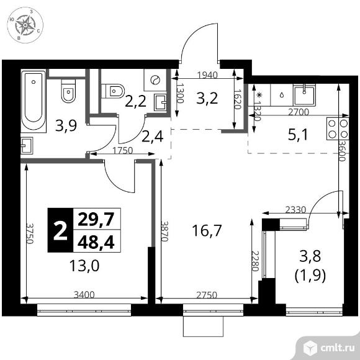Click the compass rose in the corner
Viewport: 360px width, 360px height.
point(25,25)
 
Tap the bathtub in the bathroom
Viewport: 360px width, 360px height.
point(34,101)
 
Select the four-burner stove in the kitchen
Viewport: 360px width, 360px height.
point(338,128)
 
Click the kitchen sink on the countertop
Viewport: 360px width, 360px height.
point(304,94)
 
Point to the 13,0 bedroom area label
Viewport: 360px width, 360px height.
point(84,266)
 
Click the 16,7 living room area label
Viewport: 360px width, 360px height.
point(207,230)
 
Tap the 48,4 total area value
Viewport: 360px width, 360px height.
point(96,242)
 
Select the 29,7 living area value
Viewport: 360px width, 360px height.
point(96,219)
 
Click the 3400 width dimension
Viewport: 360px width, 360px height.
point(84,295)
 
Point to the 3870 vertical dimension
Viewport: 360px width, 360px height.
point(164,231)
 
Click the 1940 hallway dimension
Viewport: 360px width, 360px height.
point(207,75)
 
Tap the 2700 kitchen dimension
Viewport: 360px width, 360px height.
point(299,112)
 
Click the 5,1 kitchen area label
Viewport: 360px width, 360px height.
point(297,135)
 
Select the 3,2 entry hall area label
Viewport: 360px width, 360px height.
point(207,98)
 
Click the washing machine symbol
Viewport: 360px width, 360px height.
point(155,80)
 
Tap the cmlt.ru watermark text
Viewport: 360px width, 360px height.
point(337,348)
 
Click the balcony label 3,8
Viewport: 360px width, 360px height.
point(310,256)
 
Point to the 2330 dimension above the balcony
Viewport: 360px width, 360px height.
point(295,210)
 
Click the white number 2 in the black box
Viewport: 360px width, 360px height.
point(60,230)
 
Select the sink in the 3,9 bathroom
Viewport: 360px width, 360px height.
point(27,146)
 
